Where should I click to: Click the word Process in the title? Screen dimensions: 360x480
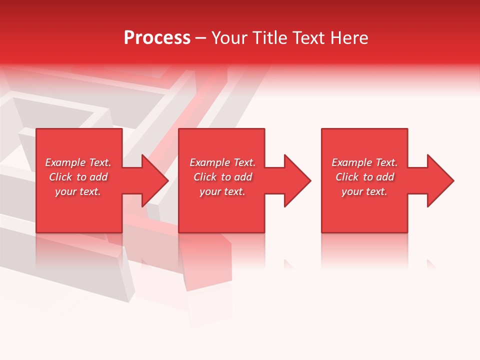pos(157,38)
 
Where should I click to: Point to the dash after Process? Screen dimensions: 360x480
pos(200,38)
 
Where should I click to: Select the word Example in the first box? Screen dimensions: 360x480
pos(65,162)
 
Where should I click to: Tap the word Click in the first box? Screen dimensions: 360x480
pos(60,177)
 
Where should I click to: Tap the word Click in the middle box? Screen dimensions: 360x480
pos(205,177)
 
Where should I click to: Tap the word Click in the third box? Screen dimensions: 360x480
pos(347,177)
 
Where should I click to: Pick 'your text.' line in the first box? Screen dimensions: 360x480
pos(78,191)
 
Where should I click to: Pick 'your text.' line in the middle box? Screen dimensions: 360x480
pos(222,191)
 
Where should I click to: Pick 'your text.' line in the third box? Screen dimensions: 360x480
pos(364,191)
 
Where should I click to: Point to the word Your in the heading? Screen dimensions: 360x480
pos(228,38)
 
